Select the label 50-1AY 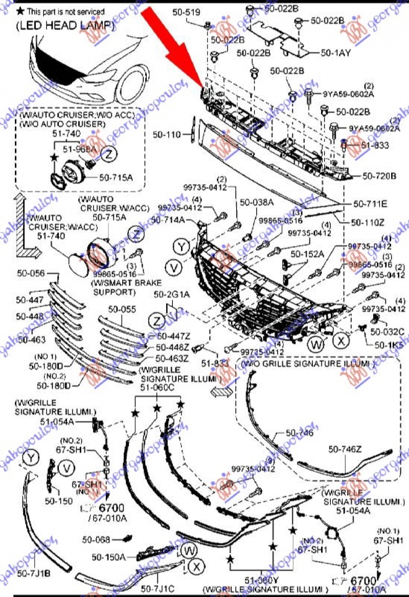(x=335, y=52)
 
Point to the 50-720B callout (x=379, y=176)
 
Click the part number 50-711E (x=370, y=203)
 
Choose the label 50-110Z (x=368, y=222)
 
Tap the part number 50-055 (x=122, y=309)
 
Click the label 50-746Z (x=345, y=449)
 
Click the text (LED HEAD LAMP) (x=64, y=26)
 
